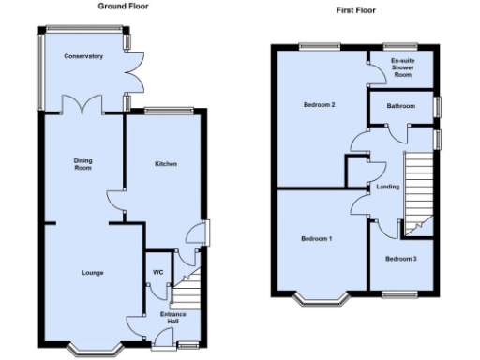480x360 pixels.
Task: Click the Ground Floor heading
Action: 122,6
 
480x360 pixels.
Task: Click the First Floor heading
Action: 357,10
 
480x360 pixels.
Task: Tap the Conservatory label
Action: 83,56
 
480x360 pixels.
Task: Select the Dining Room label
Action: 82,164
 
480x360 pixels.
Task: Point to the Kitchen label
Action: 166,164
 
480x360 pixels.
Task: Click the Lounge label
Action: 91,273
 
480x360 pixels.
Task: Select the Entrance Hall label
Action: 172,318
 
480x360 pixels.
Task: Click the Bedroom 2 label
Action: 319,105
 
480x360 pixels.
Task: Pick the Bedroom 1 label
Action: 316,239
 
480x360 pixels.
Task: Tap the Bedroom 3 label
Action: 401,258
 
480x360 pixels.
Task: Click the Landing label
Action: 387,187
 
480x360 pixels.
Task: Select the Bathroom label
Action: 401,106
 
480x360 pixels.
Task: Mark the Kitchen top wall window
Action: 169,111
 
